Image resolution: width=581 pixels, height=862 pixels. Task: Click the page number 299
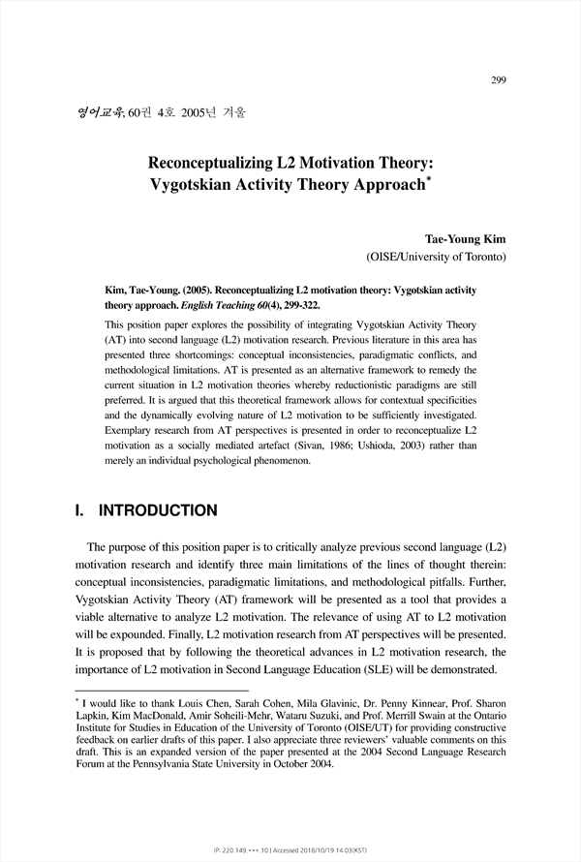[x=498, y=80]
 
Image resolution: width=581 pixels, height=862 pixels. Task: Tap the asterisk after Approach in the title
[x=429, y=176]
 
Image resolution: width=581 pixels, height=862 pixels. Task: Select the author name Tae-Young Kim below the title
[x=466, y=237]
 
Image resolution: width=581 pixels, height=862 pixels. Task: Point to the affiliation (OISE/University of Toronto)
[x=435, y=258]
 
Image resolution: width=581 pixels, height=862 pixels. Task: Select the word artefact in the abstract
[x=265, y=444]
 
